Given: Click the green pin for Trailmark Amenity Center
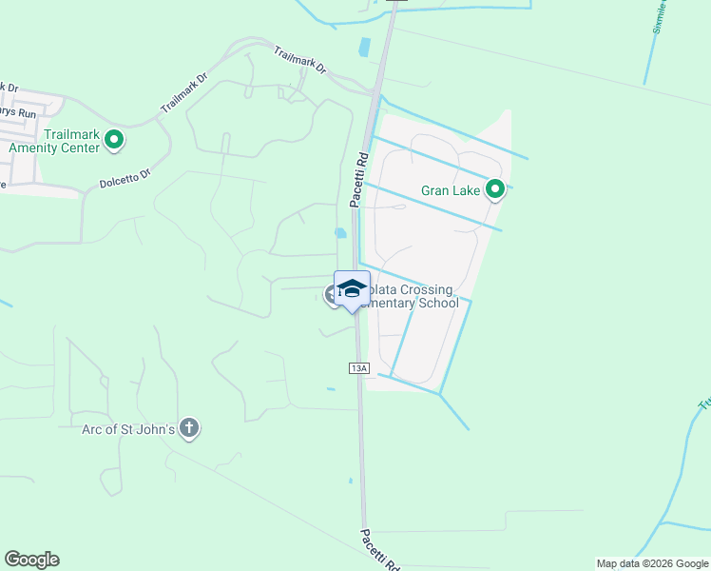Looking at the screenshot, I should (x=114, y=141).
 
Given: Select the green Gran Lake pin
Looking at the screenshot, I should (x=494, y=190).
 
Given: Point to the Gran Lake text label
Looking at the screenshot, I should (x=452, y=190).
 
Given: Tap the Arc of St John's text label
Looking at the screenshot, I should (x=128, y=429).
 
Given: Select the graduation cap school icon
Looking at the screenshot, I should (x=352, y=289).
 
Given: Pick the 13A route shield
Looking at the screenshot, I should (x=357, y=367).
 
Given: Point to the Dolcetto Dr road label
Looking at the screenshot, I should (x=125, y=178).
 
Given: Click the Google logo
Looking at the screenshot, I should (x=31, y=560).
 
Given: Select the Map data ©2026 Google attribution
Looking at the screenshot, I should (x=652, y=563).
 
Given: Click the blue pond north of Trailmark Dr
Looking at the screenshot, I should (x=364, y=47).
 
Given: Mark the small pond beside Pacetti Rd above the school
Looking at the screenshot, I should (x=340, y=232).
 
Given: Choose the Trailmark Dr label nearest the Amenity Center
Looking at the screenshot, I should (x=183, y=92).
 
